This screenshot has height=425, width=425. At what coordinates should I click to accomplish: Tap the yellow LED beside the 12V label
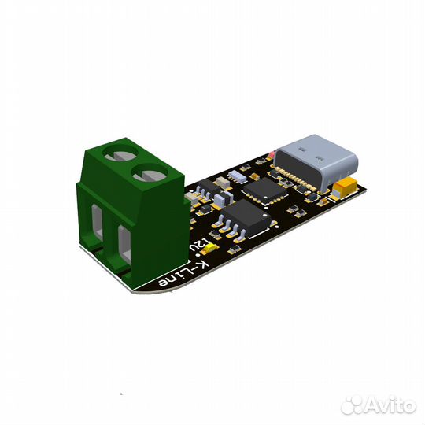tap(211, 248)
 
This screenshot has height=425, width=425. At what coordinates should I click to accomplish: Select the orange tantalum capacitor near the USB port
tap(346, 188)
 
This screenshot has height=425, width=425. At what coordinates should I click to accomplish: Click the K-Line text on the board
tap(185, 275)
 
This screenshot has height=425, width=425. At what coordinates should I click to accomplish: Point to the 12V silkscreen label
tap(200, 244)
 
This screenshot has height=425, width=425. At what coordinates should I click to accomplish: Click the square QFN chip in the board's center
tap(265, 190)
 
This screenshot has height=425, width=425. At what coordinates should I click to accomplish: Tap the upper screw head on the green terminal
tap(121, 153)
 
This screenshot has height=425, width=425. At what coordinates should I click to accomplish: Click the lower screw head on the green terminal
tap(150, 172)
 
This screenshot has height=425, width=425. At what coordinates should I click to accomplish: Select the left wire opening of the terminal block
tap(97, 222)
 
